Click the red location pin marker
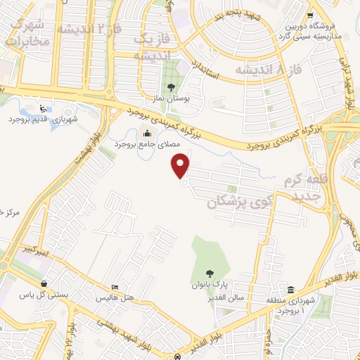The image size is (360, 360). (x=181, y=166)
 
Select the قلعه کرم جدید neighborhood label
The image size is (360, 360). (x=307, y=186)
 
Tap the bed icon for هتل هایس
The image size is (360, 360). (x=115, y=288)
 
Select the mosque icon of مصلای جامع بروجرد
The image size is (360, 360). (x=147, y=134)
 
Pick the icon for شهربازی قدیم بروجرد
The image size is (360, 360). (x=44, y=109)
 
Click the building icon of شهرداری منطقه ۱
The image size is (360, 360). (x=290, y=290)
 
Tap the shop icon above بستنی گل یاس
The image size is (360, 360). (x=44, y=284)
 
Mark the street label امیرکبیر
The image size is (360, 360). (x=33, y=251)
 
